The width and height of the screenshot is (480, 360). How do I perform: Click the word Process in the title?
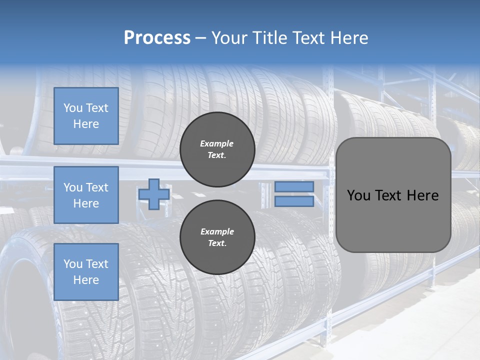click(x=157, y=38)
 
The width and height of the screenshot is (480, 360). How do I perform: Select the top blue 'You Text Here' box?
click(x=86, y=116)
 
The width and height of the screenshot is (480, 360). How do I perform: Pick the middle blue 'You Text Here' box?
click(x=86, y=195)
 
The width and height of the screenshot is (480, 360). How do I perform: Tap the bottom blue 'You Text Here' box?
click(x=86, y=272)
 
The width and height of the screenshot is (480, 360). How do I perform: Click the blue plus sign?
click(x=153, y=194)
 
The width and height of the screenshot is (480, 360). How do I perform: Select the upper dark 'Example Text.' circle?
click(x=217, y=149)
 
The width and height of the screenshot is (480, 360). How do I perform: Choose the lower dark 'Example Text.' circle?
click(x=217, y=237)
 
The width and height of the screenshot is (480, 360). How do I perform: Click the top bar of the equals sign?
click(x=294, y=187)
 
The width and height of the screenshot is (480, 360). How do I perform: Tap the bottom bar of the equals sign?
click(x=294, y=201)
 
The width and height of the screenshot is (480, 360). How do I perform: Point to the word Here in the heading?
click(x=347, y=38)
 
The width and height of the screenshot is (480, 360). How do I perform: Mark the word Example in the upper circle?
click(x=216, y=143)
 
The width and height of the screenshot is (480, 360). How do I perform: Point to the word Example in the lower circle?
click(x=217, y=231)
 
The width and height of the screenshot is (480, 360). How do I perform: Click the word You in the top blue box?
click(x=72, y=108)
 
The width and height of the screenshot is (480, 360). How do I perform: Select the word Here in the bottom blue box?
click(x=86, y=280)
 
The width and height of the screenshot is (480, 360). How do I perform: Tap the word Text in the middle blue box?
click(x=96, y=187)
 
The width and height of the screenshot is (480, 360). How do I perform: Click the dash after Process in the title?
click(x=201, y=38)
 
